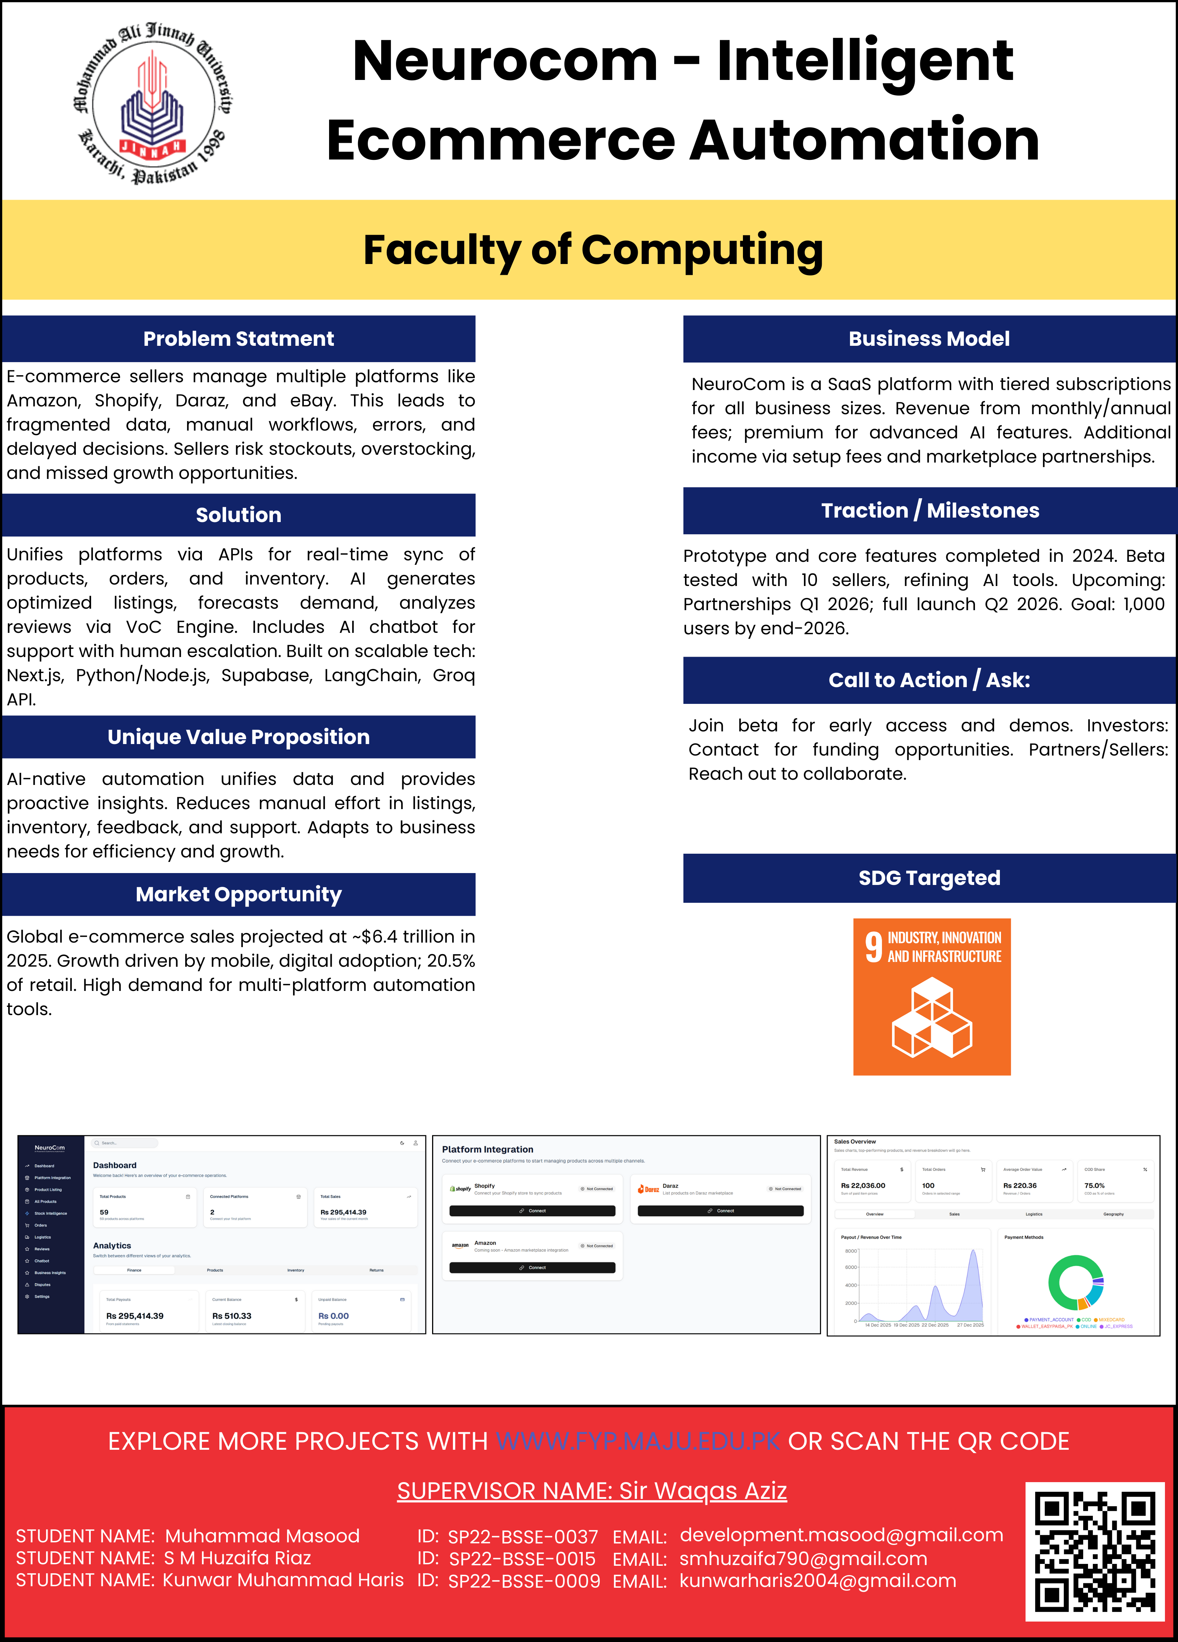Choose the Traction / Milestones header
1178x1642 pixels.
click(x=930, y=511)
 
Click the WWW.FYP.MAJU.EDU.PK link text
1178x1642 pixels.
click(x=638, y=1442)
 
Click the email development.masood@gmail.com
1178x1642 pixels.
click(x=841, y=1535)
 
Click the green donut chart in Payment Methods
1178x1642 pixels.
click(x=1076, y=1281)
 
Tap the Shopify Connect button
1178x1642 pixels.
click(x=532, y=1211)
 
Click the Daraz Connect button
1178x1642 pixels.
click(x=720, y=1211)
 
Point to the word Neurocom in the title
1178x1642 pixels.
click(x=505, y=62)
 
